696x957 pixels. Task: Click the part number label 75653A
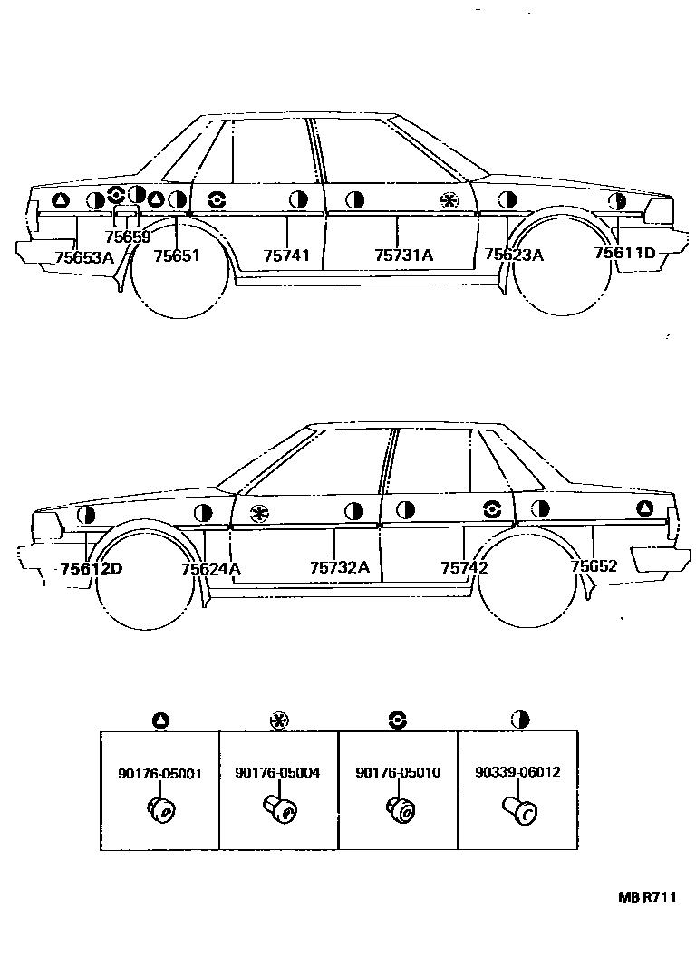(x=84, y=257)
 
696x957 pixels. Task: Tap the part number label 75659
(x=128, y=237)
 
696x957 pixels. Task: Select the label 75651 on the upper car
(x=176, y=256)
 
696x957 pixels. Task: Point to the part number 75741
(x=286, y=256)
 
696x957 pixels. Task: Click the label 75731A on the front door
(x=403, y=256)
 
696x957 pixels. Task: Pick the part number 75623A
(x=514, y=256)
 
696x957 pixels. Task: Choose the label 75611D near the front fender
(x=624, y=253)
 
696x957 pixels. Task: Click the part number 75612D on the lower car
(x=91, y=569)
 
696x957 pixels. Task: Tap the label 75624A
(x=211, y=569)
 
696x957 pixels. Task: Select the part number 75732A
(x=340, y=568)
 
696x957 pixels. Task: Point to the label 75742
(x=464, y=568)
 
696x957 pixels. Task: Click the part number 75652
(x=594, y=566)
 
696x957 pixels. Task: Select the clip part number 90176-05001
(x=159, y=774)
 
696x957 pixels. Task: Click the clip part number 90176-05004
(x=277, y=774)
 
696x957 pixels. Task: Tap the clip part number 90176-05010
(x=398, y=774)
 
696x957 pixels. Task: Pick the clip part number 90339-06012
(x=517, y=774)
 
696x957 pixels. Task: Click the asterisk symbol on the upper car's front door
(x=448, y=201)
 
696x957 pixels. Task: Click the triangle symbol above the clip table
(x=160, y=720)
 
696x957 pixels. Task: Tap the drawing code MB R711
(x=647, y=897)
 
